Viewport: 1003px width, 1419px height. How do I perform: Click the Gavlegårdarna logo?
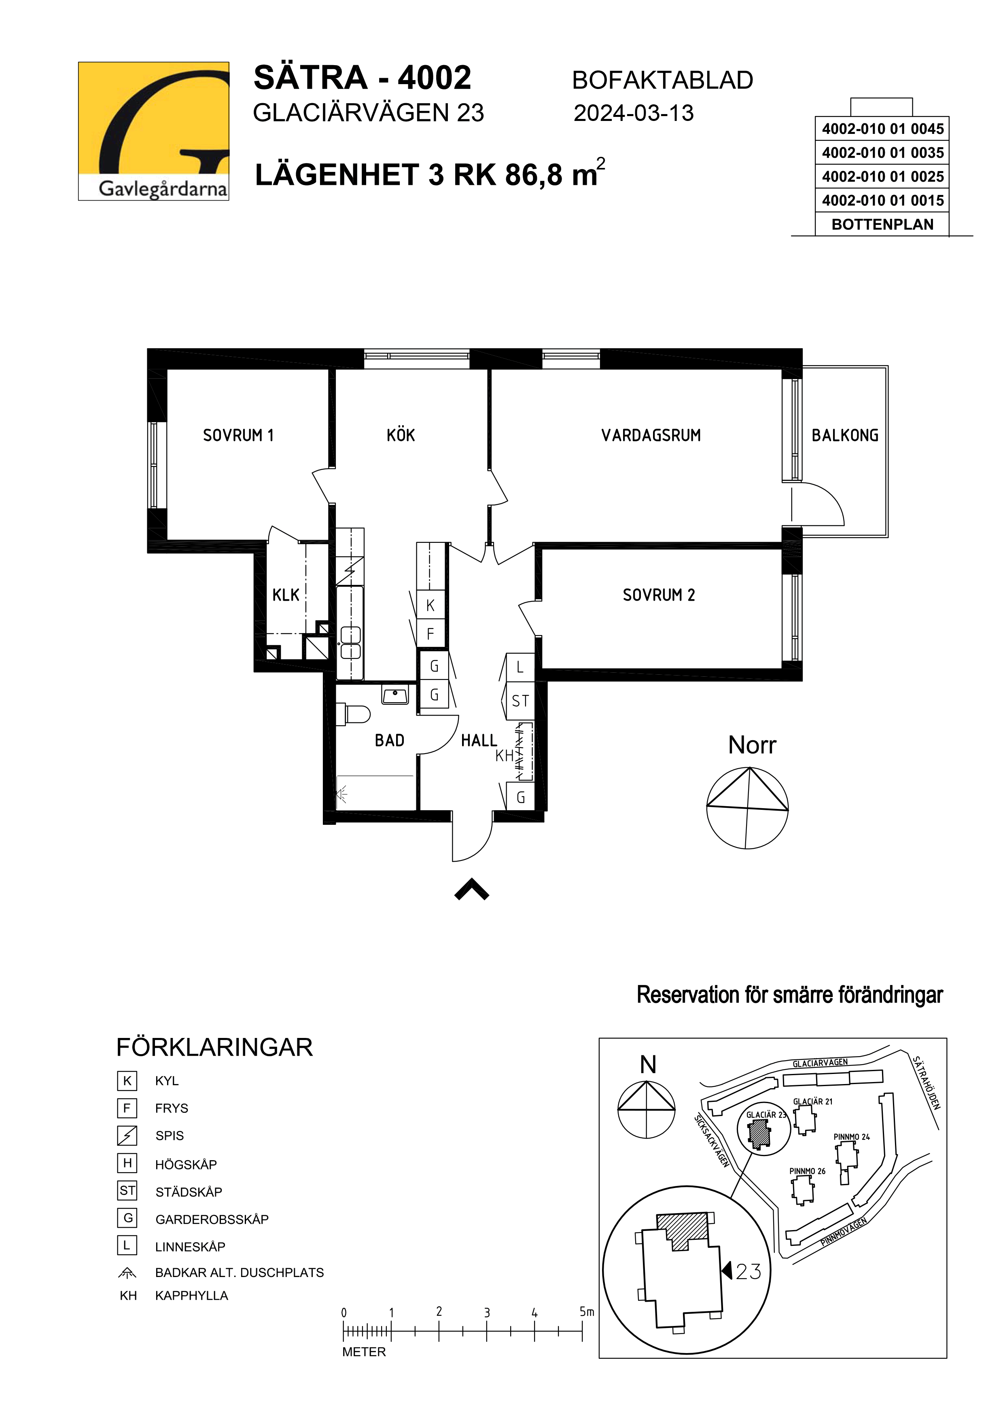(x=153, y=131)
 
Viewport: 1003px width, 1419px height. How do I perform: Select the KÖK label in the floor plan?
(x=401, y=436)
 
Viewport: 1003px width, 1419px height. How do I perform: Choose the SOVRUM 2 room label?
(x=659, y=595)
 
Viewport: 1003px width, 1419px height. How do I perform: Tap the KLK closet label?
(x=286, y=595)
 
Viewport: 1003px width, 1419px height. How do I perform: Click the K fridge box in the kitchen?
(x=431, y=606)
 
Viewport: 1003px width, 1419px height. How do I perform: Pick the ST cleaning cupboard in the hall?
(x=520, y=701)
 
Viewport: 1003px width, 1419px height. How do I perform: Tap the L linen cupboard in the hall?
(x=520, y=667)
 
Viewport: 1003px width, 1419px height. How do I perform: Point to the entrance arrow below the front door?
(x=471, y=890)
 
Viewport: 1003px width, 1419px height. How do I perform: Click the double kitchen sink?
(x=350, y=643)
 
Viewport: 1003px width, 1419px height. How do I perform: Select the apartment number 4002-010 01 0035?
(x=882, y=152)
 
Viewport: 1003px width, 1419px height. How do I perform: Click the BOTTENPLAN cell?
(x=882, y=224)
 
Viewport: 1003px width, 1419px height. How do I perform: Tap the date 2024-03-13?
(x=634, y=113)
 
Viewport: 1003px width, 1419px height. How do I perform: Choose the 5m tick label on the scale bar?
(x=587, y=1311)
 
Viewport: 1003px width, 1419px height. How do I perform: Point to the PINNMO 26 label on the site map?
(x=807, y=1171)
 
